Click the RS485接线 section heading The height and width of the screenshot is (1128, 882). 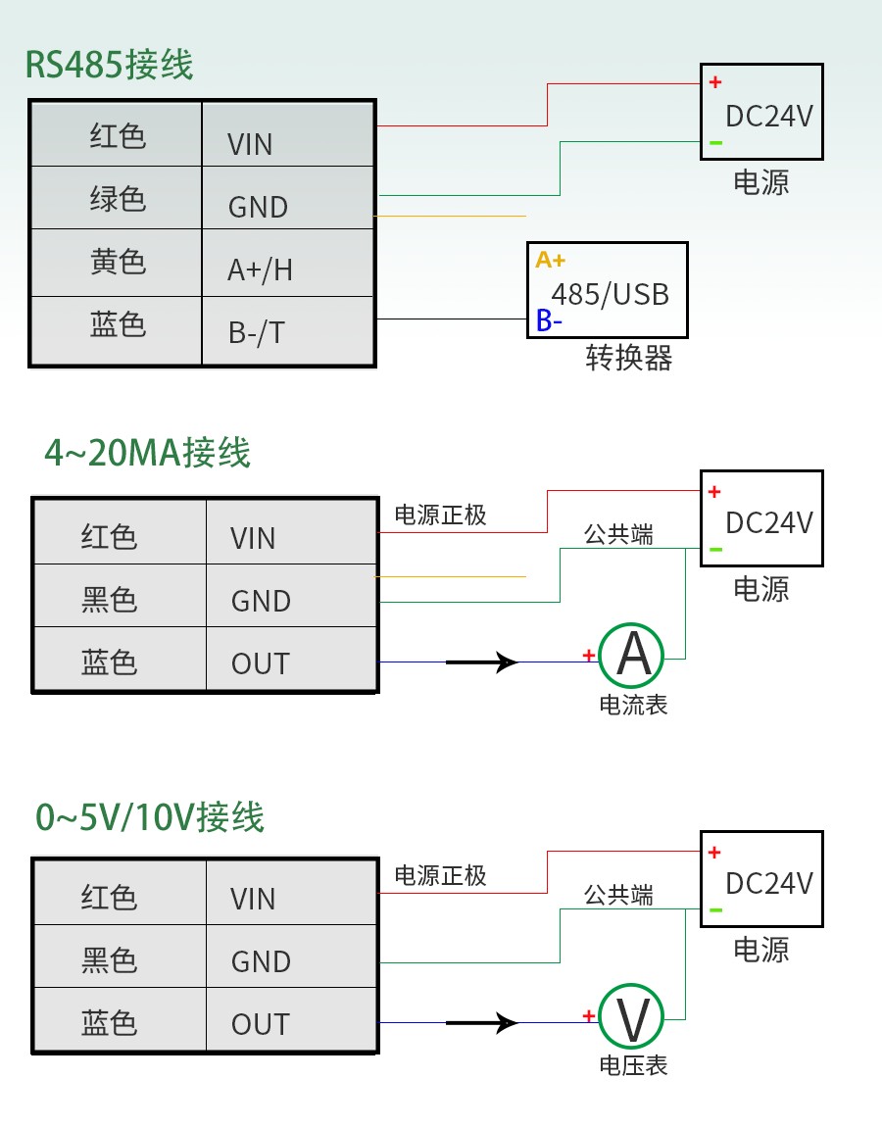pyautogui.click(x=110, y=66)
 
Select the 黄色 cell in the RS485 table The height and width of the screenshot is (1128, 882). pyautogui.click(x=118, y=262)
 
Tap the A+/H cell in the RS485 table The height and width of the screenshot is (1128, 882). pyautogui.click(x=260, y=270)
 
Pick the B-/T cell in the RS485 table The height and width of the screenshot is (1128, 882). pyautogui.click(x=257, y=332)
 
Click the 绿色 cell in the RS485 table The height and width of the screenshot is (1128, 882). pyautogui.click(x=118, y=199)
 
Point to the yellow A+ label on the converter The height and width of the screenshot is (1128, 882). pyautogui.click(x=550, y=260)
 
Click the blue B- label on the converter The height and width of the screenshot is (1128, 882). pyautogui.click(x=549, y=320)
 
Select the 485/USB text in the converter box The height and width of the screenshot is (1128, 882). pyautogui.click(x=610, y=294)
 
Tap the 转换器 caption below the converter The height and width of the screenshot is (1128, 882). pyautogui.click(x=629, y=358)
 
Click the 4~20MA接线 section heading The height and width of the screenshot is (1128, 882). pyautogui.click(x=147, y=453)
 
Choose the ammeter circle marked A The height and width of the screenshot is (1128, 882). pyautogui.click(x=632, y=655)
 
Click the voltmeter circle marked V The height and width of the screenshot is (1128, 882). pyautogui.click(x=632, y=1017)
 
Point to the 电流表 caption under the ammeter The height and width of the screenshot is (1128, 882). pyautogui.click(x=633, y=705)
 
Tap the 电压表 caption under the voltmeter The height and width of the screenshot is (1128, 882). pyautogui.click(x=633, y=1065)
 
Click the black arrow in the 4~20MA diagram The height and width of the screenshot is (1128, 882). pyautogui.click(x=482, y=662)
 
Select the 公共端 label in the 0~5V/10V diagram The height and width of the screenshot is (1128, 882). pyautogui.click(x=618, y=895)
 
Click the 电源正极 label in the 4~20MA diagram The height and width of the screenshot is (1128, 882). pyautogui.click(x=440, y=515)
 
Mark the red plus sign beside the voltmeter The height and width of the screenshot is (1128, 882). pyautogui.click(x=588, y=1016)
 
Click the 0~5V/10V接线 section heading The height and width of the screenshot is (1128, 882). pyautogui.click(x=150, y=816)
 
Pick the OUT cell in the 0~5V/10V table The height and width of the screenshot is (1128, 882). pyautogui.click(x=261, y=1024)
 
